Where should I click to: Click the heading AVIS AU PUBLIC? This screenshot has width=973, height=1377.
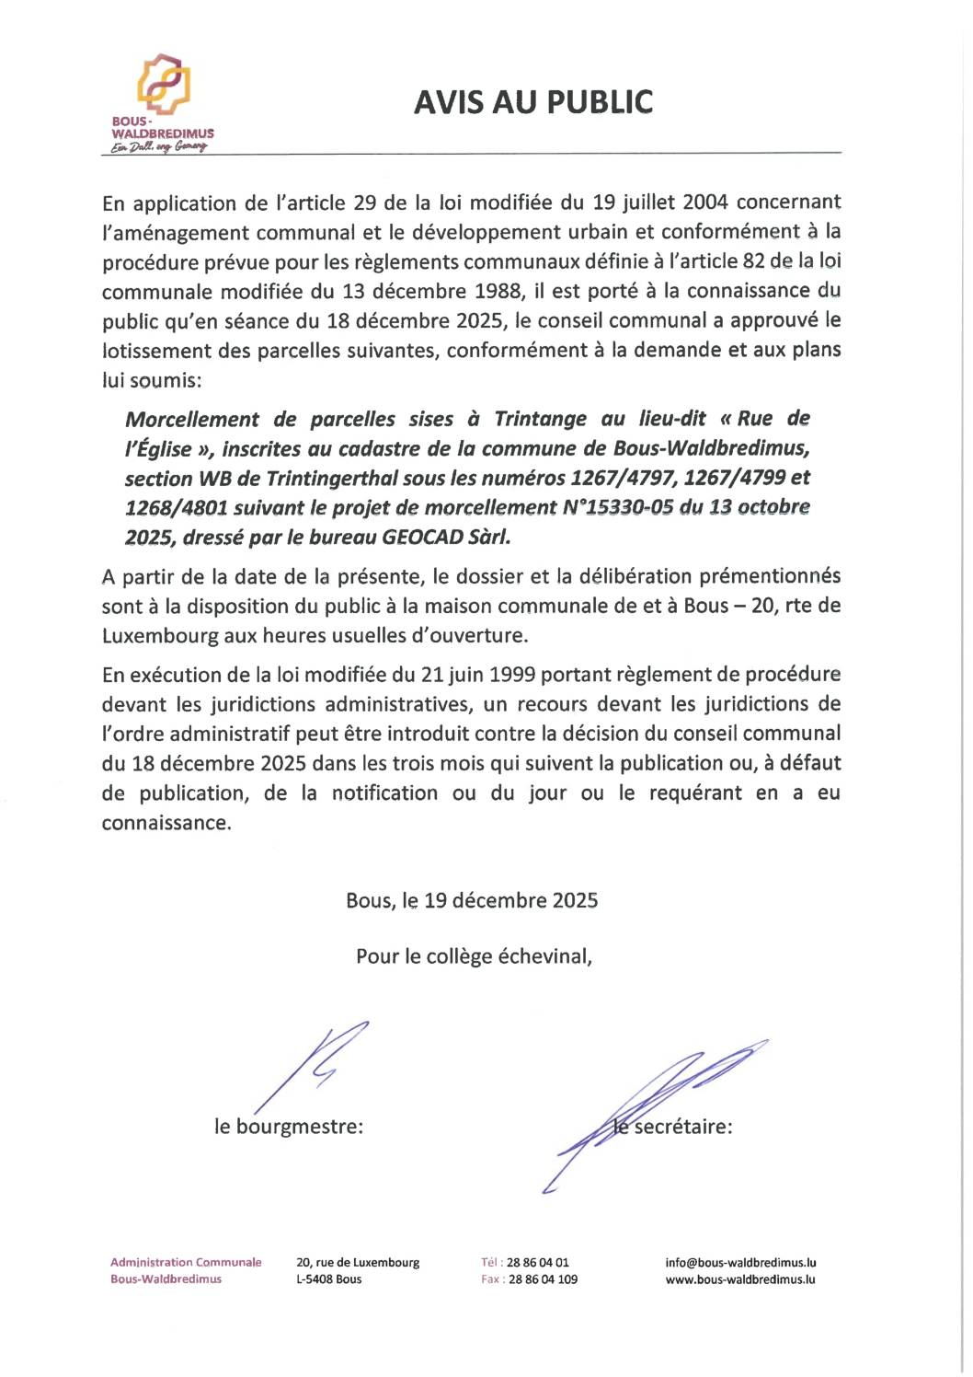pyautogui.click(x=532, y=102)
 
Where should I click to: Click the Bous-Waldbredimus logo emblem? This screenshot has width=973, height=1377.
pyautogui.click(x=164, y=84)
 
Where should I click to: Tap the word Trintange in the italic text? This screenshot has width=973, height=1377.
pyautogui.click(x=540, y=419)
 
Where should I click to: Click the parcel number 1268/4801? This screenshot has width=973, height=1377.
pyautogui.click(x=176, y=508)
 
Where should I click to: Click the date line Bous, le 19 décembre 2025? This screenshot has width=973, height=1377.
pyautogui.click(x=472, y=900)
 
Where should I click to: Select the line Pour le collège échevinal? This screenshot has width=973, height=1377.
pyautogui.click(x=474, y=956)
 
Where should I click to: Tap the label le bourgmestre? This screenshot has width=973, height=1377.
pyautogui.click(x=289, y=1127)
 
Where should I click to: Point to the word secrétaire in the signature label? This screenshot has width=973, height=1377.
pyautogui.click(x=682, y=1127)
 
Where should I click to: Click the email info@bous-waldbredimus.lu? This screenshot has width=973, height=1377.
pyautogui.click(x=740, y=1263)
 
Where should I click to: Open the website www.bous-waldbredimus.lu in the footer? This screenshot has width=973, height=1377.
pyautogui.click(x=740, y=1279)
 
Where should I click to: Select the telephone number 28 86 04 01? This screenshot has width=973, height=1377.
pyautogui.click(x=538, y=1263)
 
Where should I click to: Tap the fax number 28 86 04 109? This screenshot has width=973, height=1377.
pyautogui.click(x=543, y=1279)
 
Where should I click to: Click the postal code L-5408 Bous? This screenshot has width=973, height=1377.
pyautogui.click(x=328, y=1279)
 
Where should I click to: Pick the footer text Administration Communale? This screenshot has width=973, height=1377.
pyautogui.click(x=186, y=1263)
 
